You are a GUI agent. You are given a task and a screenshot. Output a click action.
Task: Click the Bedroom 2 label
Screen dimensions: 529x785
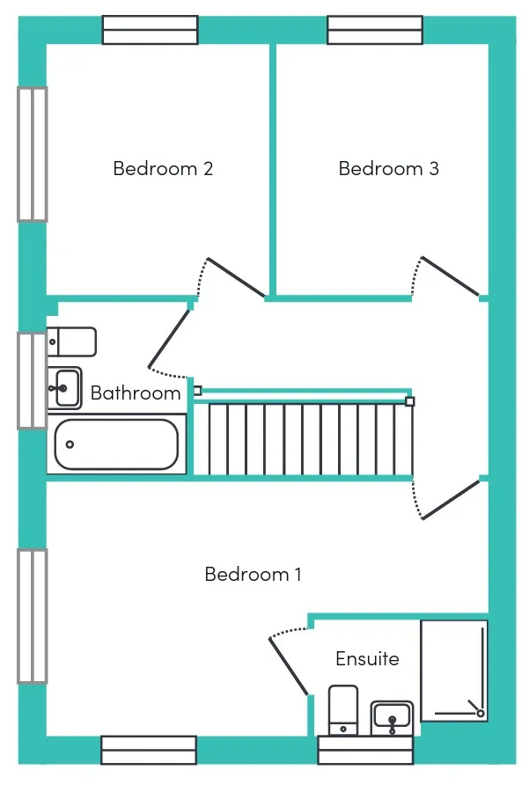(x=163, y=169)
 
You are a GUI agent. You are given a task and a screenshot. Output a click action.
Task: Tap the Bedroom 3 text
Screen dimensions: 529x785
(x=389, y=169)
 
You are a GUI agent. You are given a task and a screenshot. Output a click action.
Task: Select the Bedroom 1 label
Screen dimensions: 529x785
(x=253, y=574)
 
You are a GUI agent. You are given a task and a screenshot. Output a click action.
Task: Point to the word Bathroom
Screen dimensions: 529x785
(x=136, y=393)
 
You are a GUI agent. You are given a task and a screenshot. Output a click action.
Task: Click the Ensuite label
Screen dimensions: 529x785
(x=367, y=658)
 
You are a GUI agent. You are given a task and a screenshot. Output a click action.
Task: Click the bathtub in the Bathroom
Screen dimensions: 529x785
(x=116, y=444)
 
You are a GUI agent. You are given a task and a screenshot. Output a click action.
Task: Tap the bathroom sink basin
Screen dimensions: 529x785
(x=64, y=388)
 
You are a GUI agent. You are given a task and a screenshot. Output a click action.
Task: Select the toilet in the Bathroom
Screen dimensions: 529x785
(x=71, y=342)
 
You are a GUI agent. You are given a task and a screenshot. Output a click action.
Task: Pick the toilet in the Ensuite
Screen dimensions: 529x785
(x=343, y=710)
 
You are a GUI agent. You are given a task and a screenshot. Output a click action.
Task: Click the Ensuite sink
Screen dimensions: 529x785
(x=392, y=718)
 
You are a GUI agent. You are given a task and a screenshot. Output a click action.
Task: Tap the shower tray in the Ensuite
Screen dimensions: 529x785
(x=454, y=671)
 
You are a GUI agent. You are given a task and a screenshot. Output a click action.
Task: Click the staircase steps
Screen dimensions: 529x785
(x=303, y=439)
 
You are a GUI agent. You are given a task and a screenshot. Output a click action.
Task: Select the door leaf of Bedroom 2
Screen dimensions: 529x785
(x=236, y=277)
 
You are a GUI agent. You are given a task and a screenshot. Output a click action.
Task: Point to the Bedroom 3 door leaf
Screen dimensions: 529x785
(x=450, y=275)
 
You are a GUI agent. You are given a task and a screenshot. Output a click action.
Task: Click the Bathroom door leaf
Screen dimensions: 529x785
(x=169, y=339)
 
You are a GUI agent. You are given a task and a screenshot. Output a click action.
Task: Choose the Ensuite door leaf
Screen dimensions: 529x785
(x=289, y=667)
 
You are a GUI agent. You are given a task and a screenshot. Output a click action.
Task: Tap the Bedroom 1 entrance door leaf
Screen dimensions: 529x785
(x=451, y=500)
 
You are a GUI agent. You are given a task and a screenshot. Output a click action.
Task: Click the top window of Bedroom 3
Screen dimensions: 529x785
(x=375, y=30)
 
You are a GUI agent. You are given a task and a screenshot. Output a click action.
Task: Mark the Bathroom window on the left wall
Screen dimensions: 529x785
(x=33, y=380)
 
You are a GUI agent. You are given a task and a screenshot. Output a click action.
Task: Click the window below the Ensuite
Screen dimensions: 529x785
(x=365, y=750)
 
